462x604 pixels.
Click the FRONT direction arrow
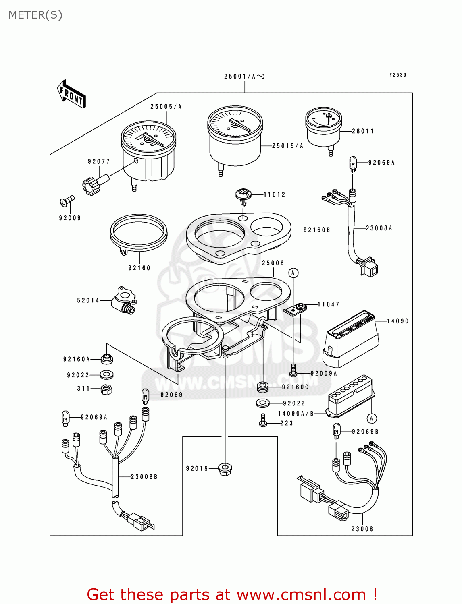coord(72,94)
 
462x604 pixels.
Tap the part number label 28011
coord(363,131)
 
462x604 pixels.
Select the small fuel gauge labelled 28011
coord(324,127)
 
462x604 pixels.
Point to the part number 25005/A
coord(166,107)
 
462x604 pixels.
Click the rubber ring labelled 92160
coord(138,234)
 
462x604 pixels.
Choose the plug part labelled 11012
coord(243,195)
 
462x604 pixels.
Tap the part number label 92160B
coord(316,230)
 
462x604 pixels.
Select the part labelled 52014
coord(123,300)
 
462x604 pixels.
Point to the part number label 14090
coord(397,321)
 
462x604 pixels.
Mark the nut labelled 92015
coord(225,469)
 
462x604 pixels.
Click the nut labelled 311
coord(106,389)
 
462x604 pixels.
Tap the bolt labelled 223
coord(263,421)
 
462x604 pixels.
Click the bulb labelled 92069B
coord(337,431)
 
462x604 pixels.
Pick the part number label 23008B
coord(144,477)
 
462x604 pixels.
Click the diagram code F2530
coord(397,75)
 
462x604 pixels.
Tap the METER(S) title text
coord(35,15)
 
